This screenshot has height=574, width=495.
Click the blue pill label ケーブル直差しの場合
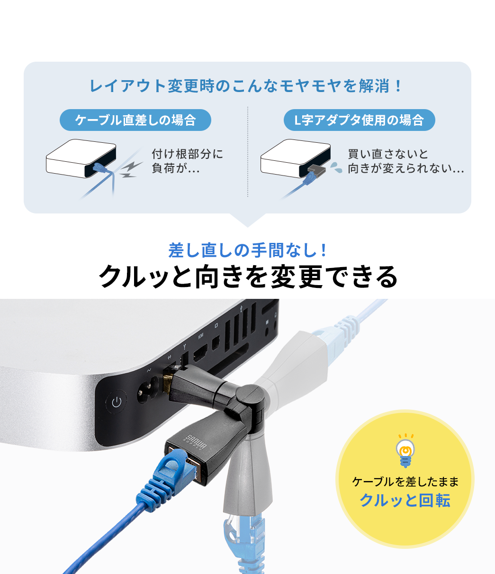click(135, 120)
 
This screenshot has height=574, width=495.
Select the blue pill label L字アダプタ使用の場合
click(359, 120)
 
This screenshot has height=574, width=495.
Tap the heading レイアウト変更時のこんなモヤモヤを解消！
click(247, 86)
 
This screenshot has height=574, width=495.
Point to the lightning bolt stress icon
click(130, 169)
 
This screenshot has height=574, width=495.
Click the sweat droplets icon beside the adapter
click(336, 167)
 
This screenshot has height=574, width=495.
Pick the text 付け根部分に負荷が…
click(187, 161)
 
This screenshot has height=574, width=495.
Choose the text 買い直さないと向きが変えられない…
click(405, 161)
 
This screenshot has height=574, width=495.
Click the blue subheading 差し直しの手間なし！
click(247, 250)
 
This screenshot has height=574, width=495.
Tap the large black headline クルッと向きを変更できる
click(247, 276)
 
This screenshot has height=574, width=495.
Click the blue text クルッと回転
click(405, 500)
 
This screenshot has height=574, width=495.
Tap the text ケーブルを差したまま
click(405, 481)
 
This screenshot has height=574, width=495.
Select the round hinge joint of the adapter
click(249, 393)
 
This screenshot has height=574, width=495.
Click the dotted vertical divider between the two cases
click(247, 152)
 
